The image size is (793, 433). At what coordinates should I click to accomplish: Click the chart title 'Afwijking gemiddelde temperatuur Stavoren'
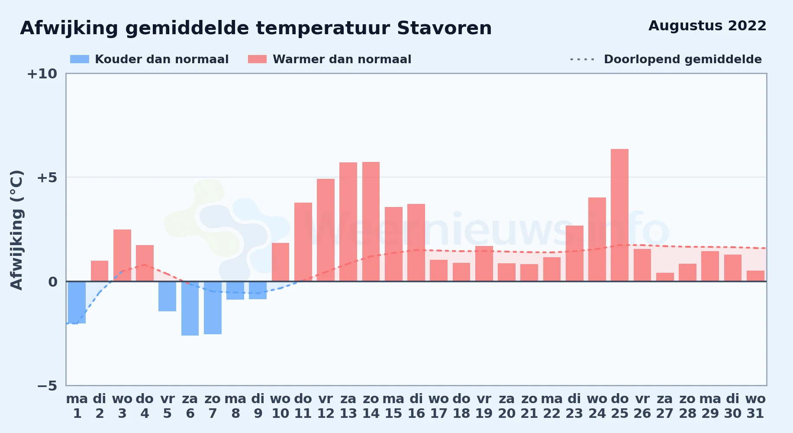coord(256,28)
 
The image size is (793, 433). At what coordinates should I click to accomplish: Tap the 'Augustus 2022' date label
coord(707,26)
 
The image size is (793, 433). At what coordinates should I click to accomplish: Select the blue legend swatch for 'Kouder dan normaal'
coord(80,59)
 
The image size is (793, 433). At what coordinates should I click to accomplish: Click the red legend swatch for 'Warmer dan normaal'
coord(257,59)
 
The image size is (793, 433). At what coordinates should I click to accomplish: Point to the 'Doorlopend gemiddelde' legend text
coord(683,59)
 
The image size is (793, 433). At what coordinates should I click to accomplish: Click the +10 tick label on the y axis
coord(42,74)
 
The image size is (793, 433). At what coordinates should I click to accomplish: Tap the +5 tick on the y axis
coord(47,178)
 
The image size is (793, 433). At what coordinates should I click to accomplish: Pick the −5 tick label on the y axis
coord(47,385)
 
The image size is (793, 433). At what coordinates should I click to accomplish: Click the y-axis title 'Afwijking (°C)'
coord(16,229)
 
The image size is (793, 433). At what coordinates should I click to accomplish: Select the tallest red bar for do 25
coord(619,215)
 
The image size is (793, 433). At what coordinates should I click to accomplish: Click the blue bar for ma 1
coord(77,302)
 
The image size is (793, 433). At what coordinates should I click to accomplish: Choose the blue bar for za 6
coord(190,308)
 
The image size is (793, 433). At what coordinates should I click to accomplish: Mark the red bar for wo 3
coord(122,255)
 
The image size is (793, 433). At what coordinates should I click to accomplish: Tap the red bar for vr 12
coord(326,230)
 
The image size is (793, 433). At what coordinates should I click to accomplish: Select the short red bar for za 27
coord(665,277)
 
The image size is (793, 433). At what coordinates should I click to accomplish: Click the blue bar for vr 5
coord(167,296)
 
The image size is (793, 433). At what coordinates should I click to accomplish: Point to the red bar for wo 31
coord(755,276)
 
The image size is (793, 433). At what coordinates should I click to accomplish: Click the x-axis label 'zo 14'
coord(371,406)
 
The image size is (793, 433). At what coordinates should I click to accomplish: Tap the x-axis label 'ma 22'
coord(552,406)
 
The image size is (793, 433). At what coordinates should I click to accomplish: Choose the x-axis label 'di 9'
coord(258,406)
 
